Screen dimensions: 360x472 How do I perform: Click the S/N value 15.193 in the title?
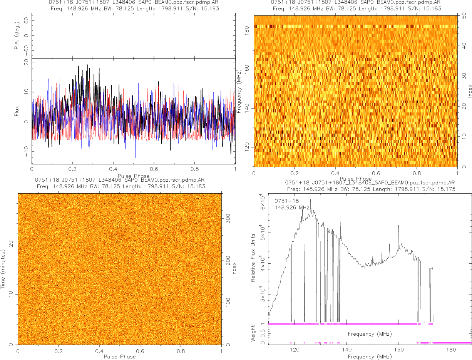click(x=211, y=8)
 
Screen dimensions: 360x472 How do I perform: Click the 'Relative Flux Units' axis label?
click(x=253, y=257)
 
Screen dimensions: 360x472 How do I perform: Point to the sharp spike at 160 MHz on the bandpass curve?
click(x=398, y=226)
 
